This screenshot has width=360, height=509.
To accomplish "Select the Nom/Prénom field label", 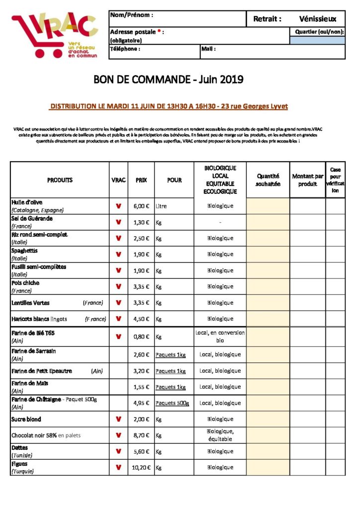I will click(132, 15).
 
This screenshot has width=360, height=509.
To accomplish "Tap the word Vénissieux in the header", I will click(318, 19).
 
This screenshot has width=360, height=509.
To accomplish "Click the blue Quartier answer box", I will click(317, 40).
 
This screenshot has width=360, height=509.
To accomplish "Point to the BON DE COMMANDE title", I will click(169, 80).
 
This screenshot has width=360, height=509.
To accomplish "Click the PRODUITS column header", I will click(60, 180).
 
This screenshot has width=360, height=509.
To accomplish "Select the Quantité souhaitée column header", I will click(268, 180).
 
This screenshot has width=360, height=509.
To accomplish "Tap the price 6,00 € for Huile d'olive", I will click(141, 206).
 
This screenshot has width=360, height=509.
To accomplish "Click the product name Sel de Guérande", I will click(32, 218).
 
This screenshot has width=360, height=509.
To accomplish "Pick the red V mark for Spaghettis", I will click(118, 254).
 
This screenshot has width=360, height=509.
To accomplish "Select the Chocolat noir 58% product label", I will click(45, 435).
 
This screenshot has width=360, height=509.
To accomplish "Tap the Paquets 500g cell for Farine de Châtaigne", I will click(172, 403).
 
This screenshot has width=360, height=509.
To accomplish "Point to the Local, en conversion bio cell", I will click(220, 337).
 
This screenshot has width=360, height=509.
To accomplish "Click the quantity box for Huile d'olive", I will click(268, 206).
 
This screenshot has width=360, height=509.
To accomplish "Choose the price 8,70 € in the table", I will click(141, 435).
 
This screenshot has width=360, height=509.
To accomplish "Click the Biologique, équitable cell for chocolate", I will click(220, 435).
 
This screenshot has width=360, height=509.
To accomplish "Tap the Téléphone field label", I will click(125, 49).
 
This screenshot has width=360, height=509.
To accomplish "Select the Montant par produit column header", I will click(308, 180).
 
